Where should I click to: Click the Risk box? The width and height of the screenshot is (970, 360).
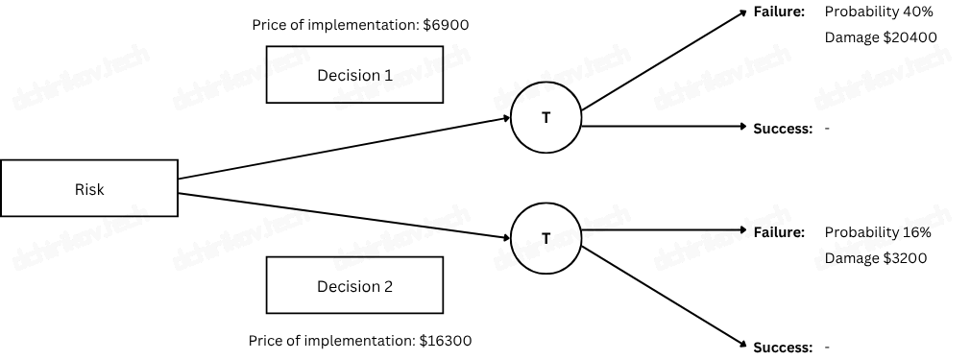coord(89,189)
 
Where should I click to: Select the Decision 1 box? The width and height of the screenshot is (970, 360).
coord(354,76)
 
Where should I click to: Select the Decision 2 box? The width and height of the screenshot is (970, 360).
coord(354,286)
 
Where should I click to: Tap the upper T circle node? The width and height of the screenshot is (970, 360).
coord(546,118)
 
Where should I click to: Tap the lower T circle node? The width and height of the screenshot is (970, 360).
coord(546,238)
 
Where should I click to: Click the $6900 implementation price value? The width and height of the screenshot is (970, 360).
coord(446,25)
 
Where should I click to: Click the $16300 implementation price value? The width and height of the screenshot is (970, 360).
coord(446,341)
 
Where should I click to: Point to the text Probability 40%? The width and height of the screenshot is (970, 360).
coord(879,12)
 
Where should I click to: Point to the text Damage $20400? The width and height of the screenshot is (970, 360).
coord(881,38)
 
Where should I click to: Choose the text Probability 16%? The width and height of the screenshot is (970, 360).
coord(878,232)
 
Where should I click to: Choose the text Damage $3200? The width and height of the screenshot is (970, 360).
coord(876,258)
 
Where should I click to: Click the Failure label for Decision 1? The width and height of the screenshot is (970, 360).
coord(779,12)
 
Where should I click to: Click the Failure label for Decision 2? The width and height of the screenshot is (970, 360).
coord(779,232)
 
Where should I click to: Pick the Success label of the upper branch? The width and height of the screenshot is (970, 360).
coord(783,129)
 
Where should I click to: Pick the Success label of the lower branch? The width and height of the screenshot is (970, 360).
coord(783,348)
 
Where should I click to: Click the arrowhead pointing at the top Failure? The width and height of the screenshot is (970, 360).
coord(742,13)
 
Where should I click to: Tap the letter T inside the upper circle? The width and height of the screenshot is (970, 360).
coord(546,118)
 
